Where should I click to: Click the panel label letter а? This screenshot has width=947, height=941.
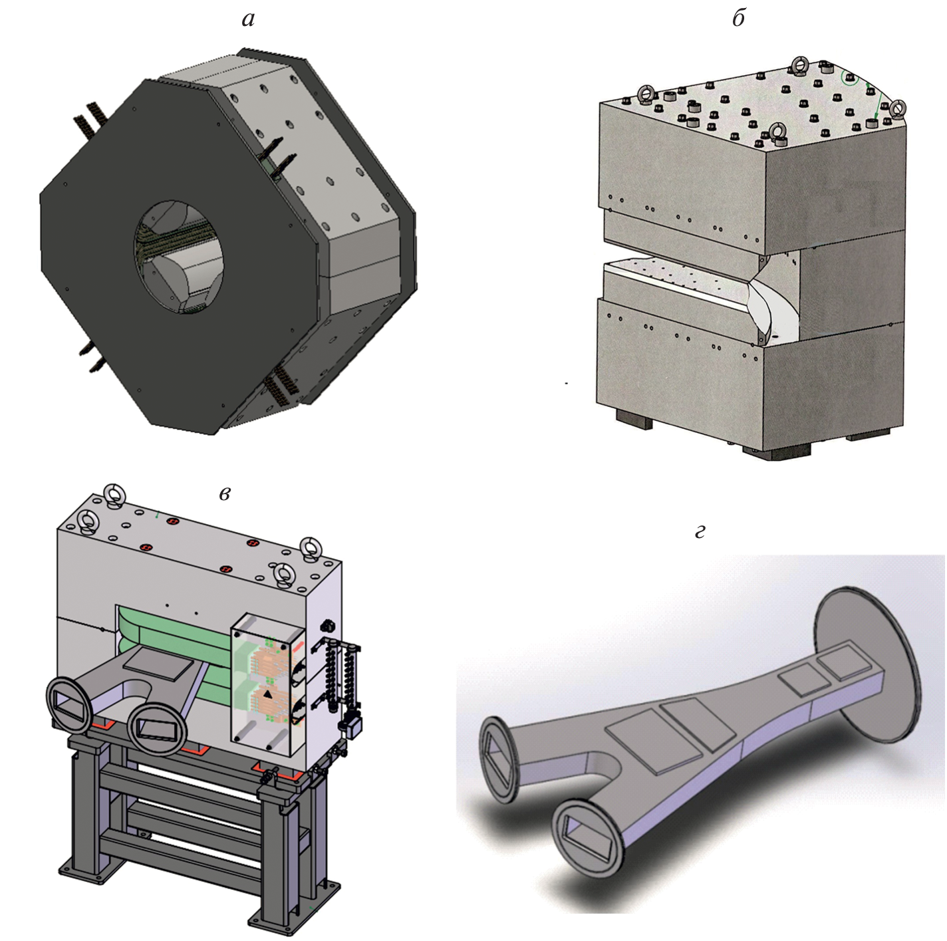click(x=248, y=20)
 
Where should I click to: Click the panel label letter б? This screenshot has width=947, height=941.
click(x=738, y=18)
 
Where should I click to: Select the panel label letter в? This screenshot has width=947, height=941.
click(x=224, y=494)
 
